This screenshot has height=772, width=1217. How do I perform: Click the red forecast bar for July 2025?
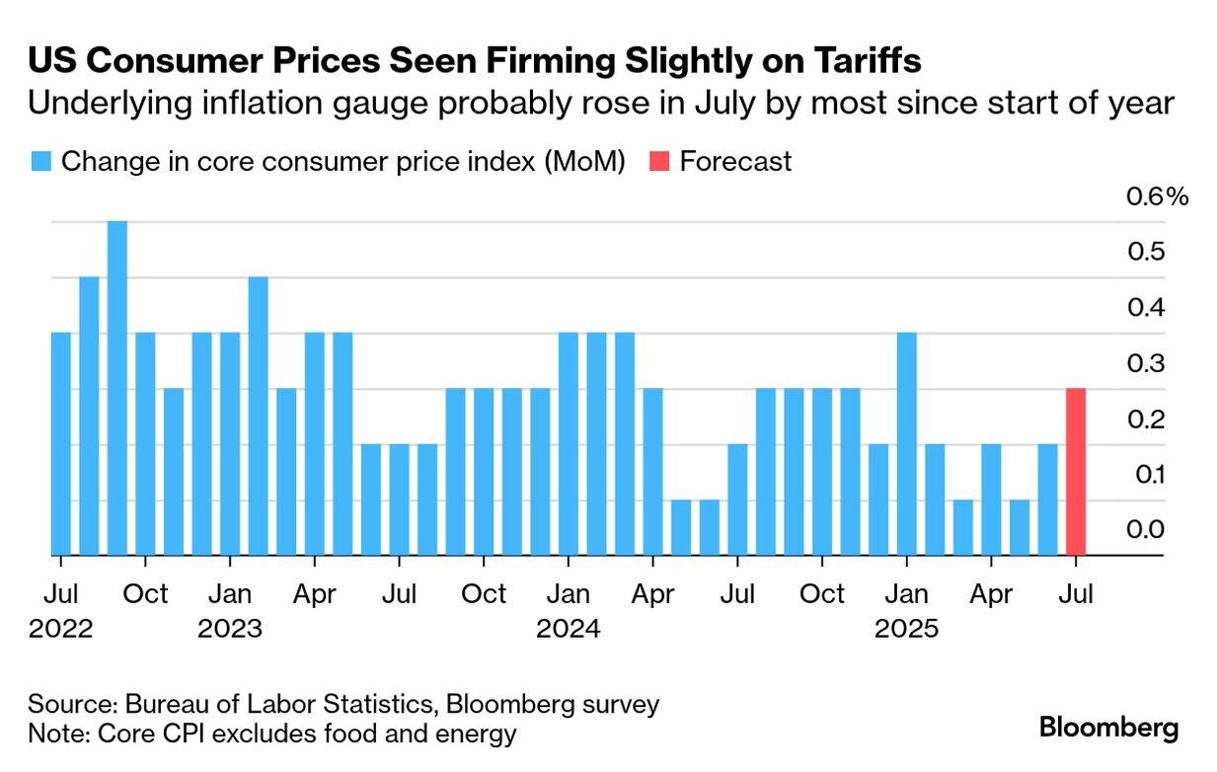coord(1076,472)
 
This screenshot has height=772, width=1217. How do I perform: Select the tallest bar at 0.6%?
coord(117,388)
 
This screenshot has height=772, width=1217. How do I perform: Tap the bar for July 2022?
coord(61,444)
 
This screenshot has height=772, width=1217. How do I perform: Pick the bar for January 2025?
coord(907,444)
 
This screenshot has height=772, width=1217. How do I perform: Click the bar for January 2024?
coord(569,444)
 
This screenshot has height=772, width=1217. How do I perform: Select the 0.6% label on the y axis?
coord(1157,196)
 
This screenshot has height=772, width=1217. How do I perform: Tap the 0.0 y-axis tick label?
coord(1145,530)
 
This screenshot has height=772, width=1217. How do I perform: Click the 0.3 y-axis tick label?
coord(1145,363)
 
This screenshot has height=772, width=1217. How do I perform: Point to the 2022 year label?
coord(60,629)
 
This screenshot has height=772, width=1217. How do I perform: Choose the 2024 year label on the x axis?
coord(569,629)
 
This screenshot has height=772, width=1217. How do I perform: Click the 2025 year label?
coord(907,629)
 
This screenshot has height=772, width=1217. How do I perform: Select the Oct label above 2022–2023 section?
coord(145,594)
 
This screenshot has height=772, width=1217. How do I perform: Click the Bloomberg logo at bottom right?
coord(1108,729)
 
